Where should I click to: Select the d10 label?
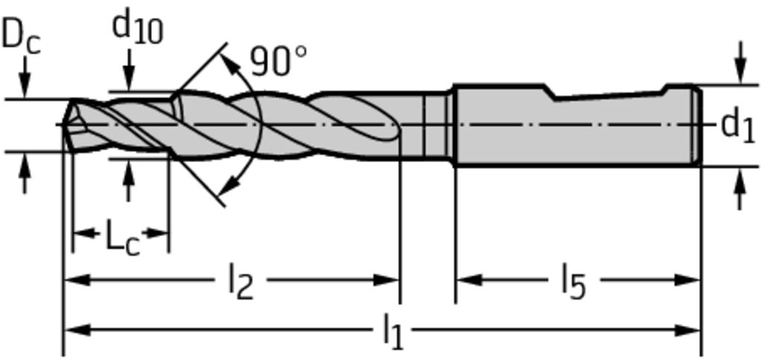(138, 28)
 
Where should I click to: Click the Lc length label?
(123, 238)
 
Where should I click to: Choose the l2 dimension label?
(240, 282)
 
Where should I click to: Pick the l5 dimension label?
(574, 281)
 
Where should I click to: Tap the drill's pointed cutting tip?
(64, 125)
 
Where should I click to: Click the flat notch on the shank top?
(609, 94)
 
